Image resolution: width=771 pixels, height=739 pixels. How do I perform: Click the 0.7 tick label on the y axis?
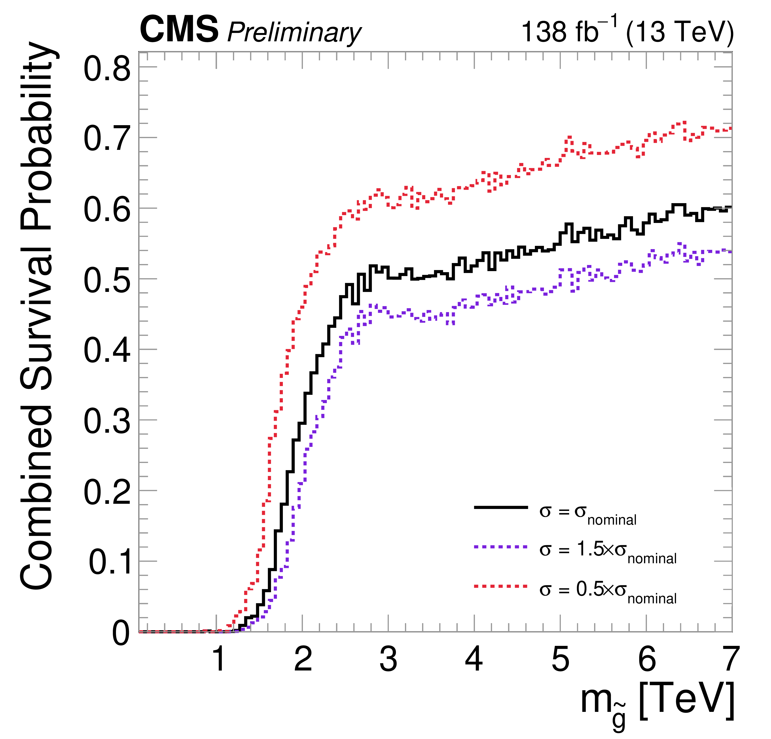[x=107, y=139]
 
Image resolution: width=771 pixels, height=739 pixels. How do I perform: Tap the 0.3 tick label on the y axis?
[x=107, y=422]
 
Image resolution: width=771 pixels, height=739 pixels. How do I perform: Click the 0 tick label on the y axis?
[x=121, y=634]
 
